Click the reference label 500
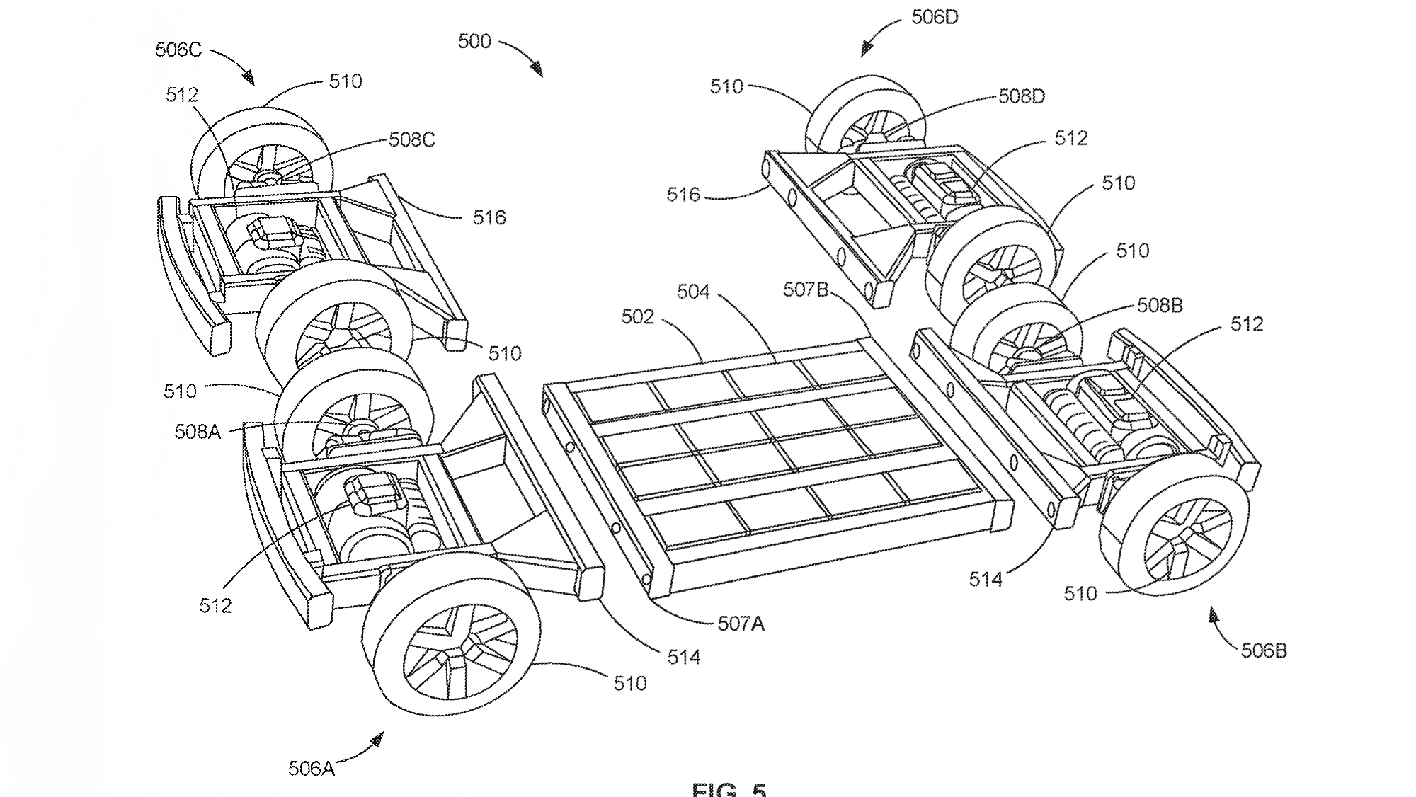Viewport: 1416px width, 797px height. click(474, 42)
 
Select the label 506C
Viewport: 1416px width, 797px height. click(178, 50)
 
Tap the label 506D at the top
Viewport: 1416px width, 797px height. click(935, 18)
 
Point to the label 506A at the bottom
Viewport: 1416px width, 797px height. click(311, 768)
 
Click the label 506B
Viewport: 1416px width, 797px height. click(1264, 650)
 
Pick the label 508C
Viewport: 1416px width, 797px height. click(411, 139)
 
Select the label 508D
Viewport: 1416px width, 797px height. click(1021, 96)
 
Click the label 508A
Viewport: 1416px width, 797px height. click(198, 431)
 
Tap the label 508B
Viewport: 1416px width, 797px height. click(1160, 305)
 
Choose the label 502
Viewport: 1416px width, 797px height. click(637, 316)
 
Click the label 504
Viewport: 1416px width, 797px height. click(692, 291)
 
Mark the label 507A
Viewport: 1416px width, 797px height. click(741, 624)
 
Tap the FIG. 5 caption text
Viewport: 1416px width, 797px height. click(729, 789)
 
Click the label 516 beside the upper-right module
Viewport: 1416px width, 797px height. click(683, 195)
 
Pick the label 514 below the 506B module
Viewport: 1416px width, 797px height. click(986, 580)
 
